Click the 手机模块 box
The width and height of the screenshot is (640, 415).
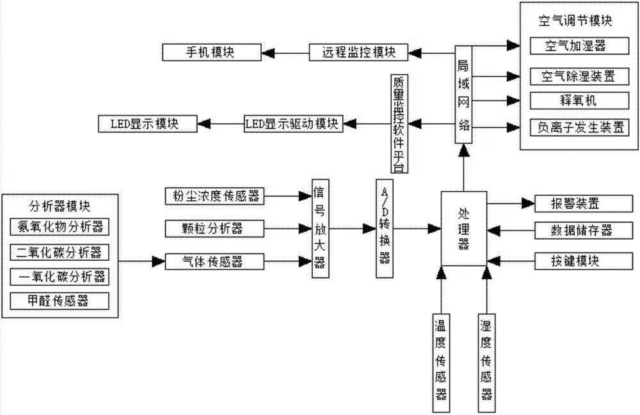point(211,52)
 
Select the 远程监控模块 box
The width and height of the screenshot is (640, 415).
point(358,52)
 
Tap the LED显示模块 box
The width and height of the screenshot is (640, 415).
point(147,123)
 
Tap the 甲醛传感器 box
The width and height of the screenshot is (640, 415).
point(60,301)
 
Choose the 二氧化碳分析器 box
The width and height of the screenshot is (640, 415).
point(60,252)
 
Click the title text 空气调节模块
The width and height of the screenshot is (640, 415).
point(576,21)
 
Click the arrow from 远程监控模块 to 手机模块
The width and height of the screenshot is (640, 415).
point(285,52)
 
